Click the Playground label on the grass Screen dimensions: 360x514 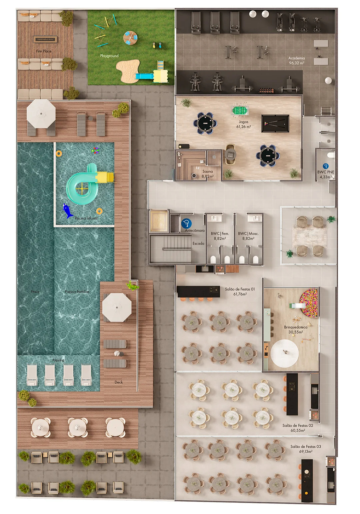click(x=109, y=56)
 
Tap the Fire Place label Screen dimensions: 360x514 click(x=44, y=51)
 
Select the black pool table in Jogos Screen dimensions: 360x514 click(x=275, y=124)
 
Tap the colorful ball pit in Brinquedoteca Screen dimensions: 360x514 click(x=309, y=303)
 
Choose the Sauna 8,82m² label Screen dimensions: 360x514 click(x=208, y=174)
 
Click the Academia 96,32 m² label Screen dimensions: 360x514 click(x=297, y=61)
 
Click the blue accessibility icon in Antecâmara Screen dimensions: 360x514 click(x=186, y=224)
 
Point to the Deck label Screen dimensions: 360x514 click(x=119, y=382)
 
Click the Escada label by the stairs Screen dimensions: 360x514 click(x=198, y=243)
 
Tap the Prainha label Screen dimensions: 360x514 click(x=58, y=360)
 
